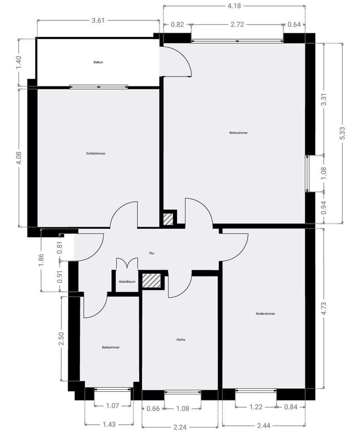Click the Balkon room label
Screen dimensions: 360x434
[x=98, y=62]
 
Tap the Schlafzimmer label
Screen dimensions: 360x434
[x=96, y=154]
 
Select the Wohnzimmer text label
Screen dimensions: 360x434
[x=239, y=133]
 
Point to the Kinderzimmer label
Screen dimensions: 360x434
[x=265, y=313]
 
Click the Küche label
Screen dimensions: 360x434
[x=181, y=340]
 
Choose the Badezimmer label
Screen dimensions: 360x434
[x=111, y=347]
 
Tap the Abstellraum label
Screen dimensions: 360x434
[x=127, y=282]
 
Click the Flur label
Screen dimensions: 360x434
[x=152, y=253]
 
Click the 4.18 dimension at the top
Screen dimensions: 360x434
[x=234, y=6]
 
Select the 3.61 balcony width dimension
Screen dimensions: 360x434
[x=98, y=20]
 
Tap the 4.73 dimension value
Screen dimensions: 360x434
[x=323, y=309]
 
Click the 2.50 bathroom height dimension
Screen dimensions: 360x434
[x=61, y=338]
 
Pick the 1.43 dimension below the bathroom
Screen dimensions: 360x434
[x=109, y=424]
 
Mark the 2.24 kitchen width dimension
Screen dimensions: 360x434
[x=180, y=427]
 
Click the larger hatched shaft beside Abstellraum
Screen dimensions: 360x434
[x=152, y=280]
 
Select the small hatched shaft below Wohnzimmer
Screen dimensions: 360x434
[x=168, y=219]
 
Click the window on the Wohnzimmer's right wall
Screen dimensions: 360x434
[x=307, y=174]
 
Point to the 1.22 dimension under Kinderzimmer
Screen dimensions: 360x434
[x=255, y=407]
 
